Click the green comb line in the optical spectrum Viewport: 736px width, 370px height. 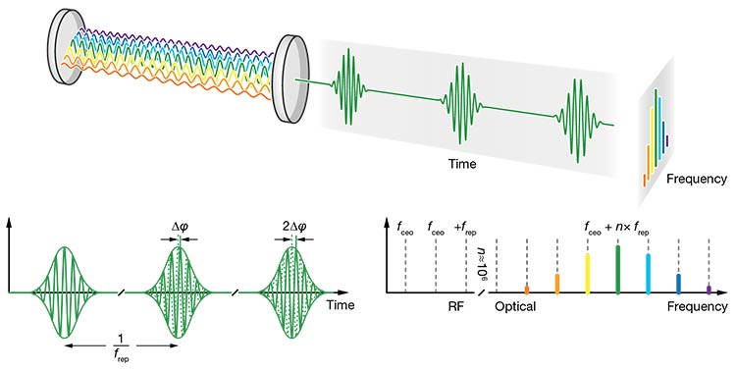617,270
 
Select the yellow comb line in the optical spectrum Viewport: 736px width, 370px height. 587,274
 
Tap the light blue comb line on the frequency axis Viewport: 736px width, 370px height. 648,274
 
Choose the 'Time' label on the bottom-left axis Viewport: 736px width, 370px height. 341,305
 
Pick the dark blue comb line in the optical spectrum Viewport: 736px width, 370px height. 678,284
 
